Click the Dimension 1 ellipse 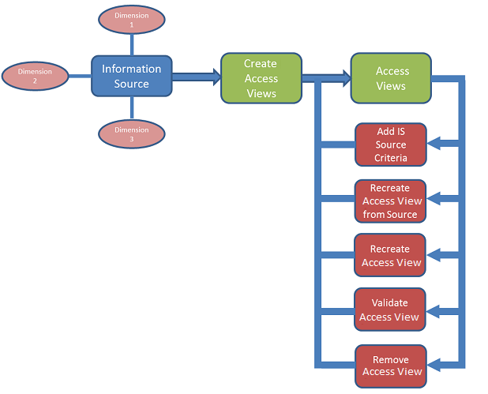132,21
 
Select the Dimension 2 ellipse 35,76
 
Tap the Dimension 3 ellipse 132,133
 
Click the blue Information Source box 132,77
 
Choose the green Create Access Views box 261,78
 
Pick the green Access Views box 392,78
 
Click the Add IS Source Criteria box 391,145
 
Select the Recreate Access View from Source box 391,201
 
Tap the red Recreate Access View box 391,256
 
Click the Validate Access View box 391,310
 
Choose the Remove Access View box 391,366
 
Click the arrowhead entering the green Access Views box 345,77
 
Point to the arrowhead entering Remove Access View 433,365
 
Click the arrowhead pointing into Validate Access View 433,310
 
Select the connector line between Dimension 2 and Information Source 80,77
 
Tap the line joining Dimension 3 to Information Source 132,109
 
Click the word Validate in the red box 389,303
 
